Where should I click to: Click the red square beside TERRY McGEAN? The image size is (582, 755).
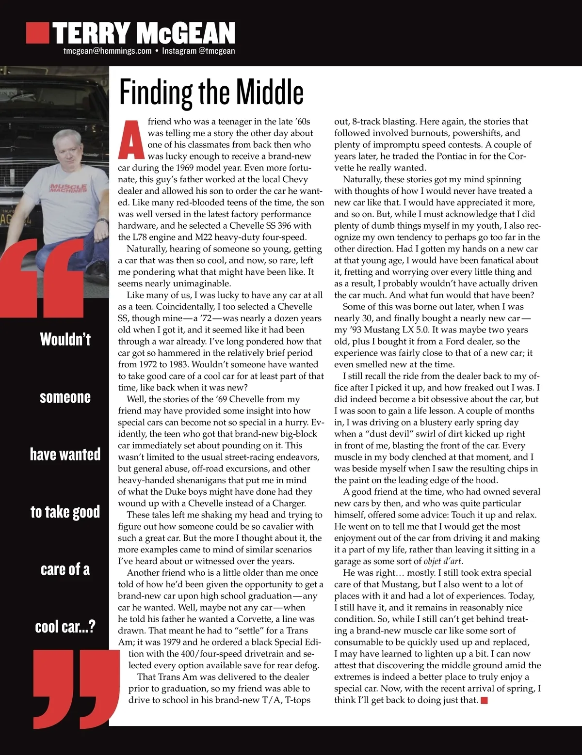[37, 32]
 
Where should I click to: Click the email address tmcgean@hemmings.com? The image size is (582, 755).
[107, 51]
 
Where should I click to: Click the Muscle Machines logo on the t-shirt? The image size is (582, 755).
[68, 188]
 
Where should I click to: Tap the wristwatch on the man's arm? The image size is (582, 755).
[102, 221]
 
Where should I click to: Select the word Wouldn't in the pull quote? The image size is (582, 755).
[65, 339]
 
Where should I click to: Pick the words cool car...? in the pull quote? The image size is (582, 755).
[65, 627]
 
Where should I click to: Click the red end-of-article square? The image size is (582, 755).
[484, 700]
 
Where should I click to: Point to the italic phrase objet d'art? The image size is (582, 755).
[443, 561]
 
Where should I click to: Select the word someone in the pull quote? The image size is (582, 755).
[65, 397]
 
